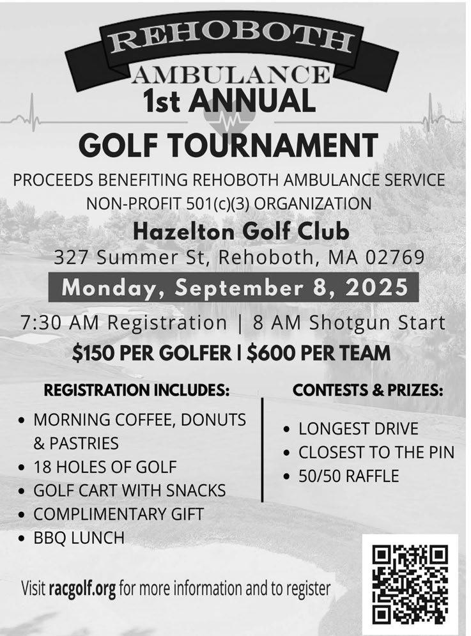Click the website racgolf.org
click(x=82, y=587)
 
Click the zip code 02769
click(x=396, y=258)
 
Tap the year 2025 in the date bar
click(x=377, y=287)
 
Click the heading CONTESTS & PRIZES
click(x=367, y=390)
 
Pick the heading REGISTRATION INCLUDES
click(x=136, y=390)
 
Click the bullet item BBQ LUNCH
click(x=79, y=538)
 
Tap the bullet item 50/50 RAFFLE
click(x=348, y=476)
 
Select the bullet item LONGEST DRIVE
click(x=358, y=428)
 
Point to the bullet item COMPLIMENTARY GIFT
click(x=118, y=514)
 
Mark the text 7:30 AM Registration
click(x=123, y=323)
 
